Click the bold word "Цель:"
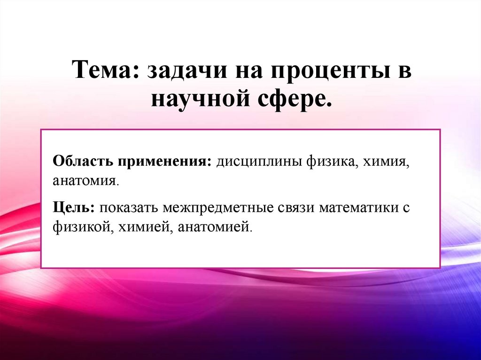(74, 208)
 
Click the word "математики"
(358, 208)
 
